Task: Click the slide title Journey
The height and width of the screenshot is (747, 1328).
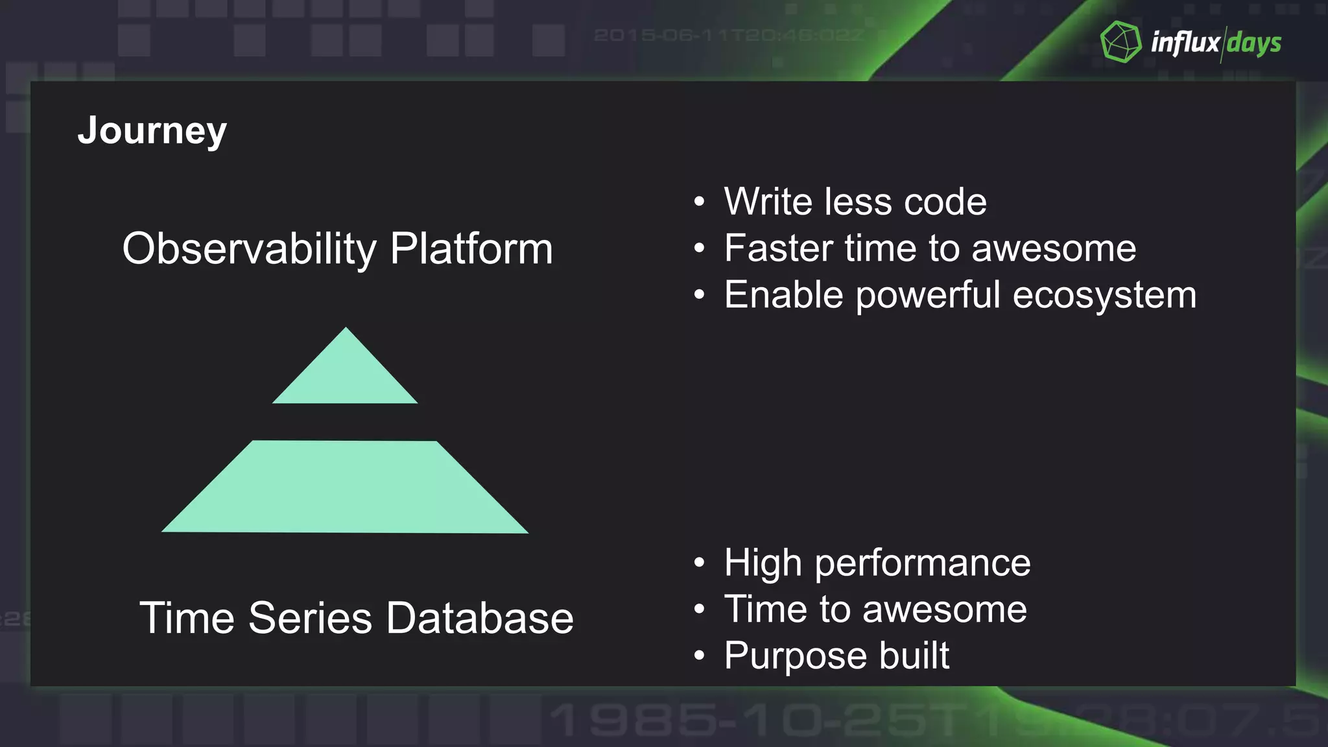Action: [x=152, y=131]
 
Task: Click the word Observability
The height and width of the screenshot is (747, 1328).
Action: [x=249, y=249]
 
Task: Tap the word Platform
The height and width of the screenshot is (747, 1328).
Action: [x=471, y=249]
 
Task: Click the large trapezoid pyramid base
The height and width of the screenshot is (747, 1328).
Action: [x=345, y=487]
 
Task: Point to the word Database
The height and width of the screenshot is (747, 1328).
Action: [x=480, y=617]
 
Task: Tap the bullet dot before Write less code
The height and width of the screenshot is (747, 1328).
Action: [x=698, y=202]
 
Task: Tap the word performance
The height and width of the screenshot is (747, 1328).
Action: [x=922, y=563]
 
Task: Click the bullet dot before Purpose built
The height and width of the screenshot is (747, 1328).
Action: [x=698, y=656]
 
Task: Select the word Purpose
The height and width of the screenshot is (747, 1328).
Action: [x=796, y=656]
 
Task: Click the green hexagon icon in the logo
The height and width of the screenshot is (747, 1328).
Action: [x=1120, y=42]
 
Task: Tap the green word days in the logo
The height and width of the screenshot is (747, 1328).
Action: [x=1253, y=43]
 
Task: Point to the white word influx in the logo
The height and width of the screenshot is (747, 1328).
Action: [x=1185, y=42]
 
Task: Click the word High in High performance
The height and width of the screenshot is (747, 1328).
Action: [x=763, y=563]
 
